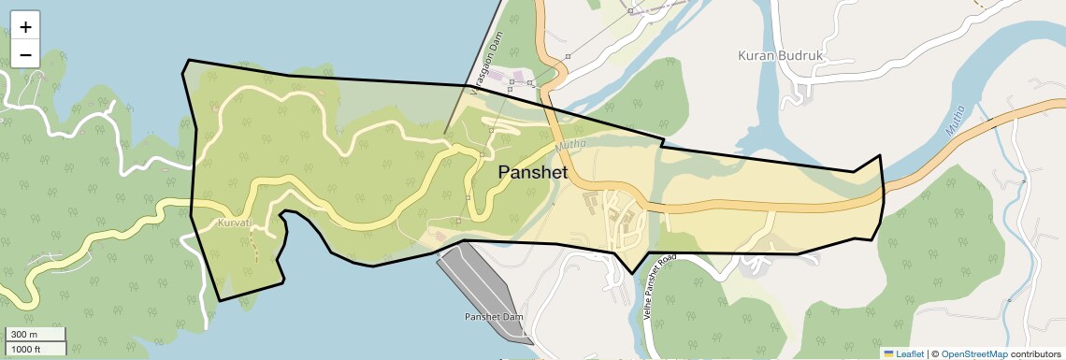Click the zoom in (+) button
click(x=25, y=27)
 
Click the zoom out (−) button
click(x=25, y=54)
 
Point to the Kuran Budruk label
click(x=780, y=55)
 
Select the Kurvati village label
click(x=234, y=223)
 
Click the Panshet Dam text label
click(x=494, y=317)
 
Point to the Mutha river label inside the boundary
click(x=569, y=145)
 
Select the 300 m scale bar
click(x=36, y=335)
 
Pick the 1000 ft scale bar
click(x=36, y=349)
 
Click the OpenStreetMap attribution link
click(x=973, y=353)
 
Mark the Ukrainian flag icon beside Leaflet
click(x=888, y=353)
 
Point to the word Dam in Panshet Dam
click(x=512, y=317)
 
